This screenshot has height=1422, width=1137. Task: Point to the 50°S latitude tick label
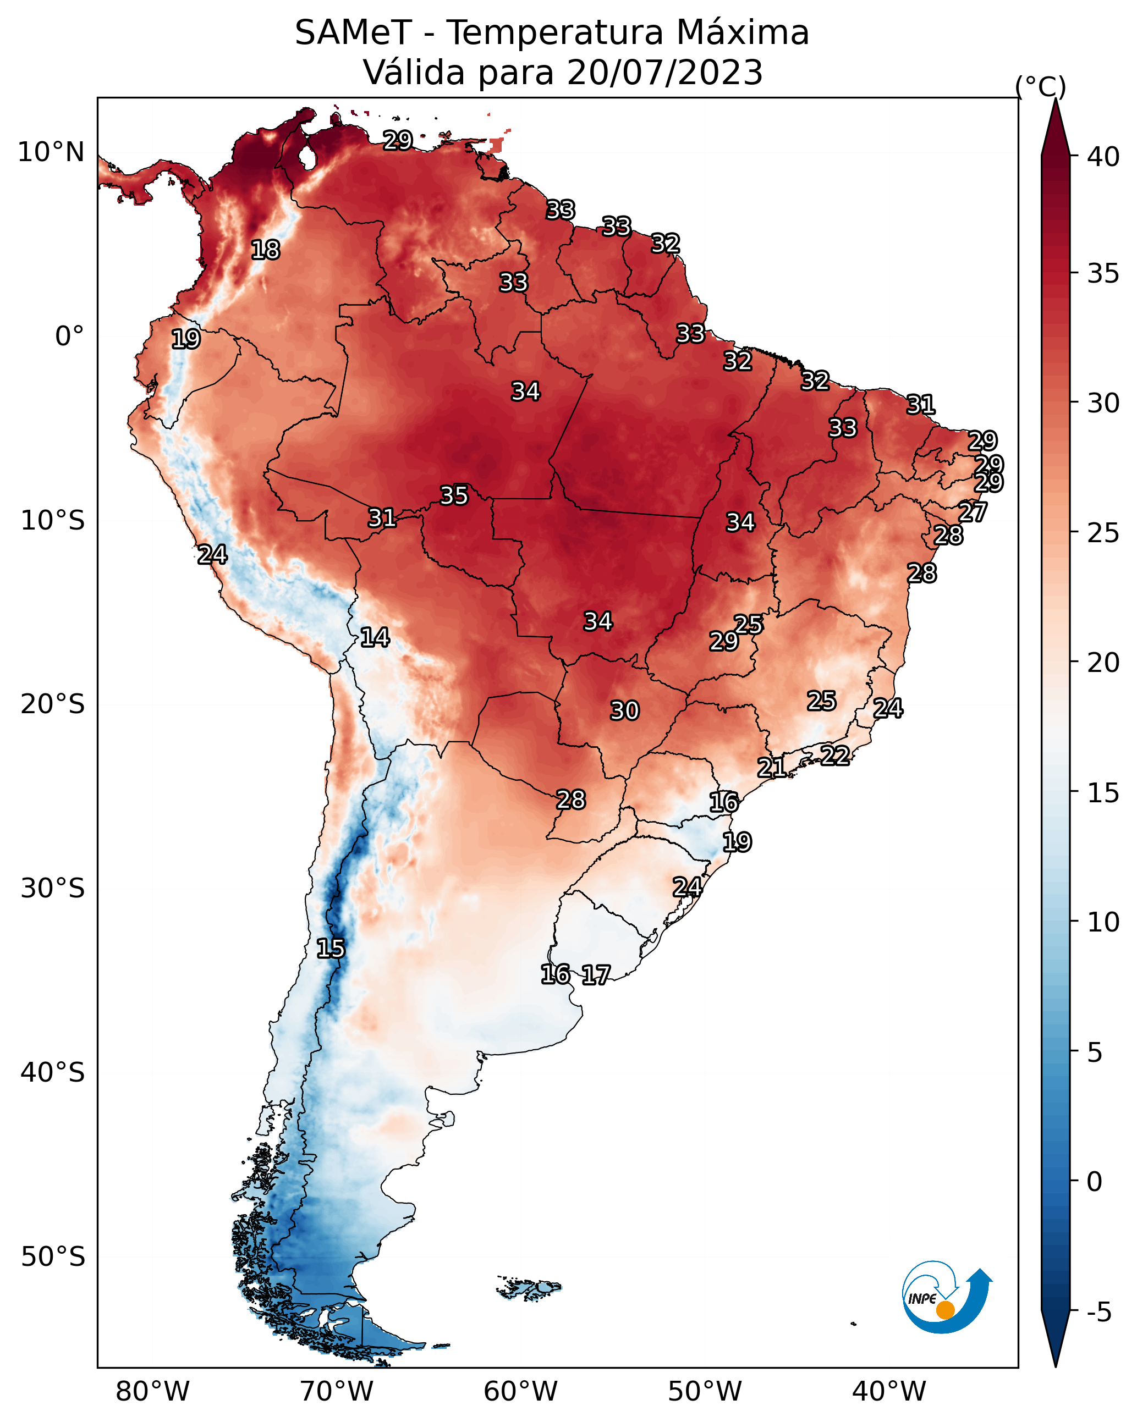(x=53, y=1257)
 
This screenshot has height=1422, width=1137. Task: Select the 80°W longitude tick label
(x=152, y=1392)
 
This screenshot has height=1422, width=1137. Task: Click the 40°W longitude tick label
(x=889, y=1392)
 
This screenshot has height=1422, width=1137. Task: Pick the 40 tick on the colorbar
(x=1103, y=157)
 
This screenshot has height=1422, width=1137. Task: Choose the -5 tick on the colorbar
(x=1098, y=1313)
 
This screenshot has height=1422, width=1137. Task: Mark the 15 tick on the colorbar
(x=1103, y=793)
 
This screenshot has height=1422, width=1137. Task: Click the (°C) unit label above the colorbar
(x=1040, y=86)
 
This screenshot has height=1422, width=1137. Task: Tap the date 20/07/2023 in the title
(x=664, y=73)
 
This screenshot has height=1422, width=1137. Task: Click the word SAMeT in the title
(x=353, y=33)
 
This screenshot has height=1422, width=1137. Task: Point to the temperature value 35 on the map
(x=454, y=495)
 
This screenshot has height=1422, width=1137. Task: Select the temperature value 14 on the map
(x=375, y=637)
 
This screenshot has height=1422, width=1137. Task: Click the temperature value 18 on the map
(x=265, y=250)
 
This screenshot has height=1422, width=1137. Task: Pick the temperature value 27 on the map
(x=973, y=512)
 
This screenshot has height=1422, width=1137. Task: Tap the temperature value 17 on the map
(x=596, y=975)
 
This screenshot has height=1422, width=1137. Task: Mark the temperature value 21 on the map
(x=771, y=767)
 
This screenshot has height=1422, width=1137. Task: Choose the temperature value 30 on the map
(x=624, y=711)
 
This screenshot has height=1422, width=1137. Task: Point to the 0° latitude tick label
(x=69, y=337)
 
